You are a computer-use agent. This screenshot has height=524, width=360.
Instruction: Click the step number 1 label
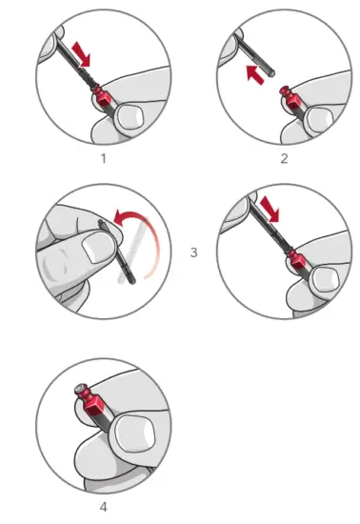click(x=104, y=157)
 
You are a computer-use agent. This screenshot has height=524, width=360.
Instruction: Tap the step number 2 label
click(x=283, y=157)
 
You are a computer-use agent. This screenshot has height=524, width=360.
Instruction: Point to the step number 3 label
click(x=193, y=253)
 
